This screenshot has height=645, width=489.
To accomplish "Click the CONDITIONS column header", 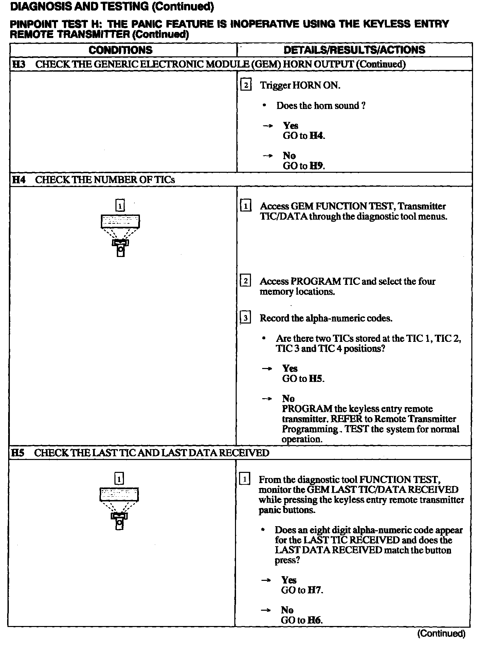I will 121,50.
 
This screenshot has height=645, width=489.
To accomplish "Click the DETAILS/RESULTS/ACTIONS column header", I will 354,50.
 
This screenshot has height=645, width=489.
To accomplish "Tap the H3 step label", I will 19,64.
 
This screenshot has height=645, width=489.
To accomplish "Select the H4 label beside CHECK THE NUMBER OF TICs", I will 19,180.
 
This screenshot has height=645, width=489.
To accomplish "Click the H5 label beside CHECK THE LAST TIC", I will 18,453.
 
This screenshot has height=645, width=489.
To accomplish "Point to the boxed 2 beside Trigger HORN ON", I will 246,85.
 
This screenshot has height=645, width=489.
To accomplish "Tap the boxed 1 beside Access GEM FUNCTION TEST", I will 246,206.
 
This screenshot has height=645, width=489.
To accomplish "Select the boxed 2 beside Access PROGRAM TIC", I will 245,281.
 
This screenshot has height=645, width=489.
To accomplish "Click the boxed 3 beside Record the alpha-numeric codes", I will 245,318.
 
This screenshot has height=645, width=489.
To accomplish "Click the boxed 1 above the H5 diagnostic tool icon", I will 119,479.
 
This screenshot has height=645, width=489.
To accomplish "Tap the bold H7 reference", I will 314,590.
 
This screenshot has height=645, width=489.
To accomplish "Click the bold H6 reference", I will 314,620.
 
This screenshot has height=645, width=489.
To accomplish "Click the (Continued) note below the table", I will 441,633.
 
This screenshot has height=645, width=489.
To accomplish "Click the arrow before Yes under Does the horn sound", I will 268,126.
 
